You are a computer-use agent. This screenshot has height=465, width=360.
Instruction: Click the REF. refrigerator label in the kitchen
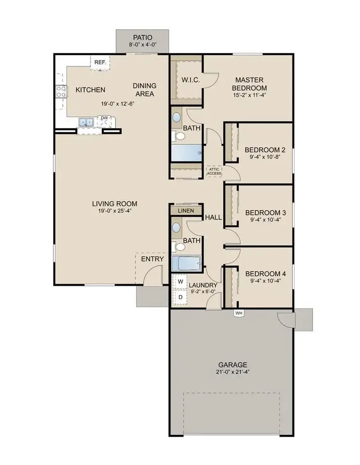coord(100,62)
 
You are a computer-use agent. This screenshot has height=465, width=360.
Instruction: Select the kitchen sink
coord(87,123)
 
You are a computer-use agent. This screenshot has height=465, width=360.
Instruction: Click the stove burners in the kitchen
coord(62,91)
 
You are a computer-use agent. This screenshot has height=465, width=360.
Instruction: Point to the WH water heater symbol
coord(238,313)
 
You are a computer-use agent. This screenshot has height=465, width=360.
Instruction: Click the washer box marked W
coord(180,281)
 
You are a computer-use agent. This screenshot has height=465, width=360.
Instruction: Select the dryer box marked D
coord(180,296)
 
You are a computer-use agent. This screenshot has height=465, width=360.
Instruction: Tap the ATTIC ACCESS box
coord(214,171)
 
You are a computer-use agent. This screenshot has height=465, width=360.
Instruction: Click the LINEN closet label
coord(186,211)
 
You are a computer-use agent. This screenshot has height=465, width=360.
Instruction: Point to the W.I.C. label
coord(190,80)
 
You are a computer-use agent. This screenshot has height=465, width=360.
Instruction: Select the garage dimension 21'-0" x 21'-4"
coord(232,372)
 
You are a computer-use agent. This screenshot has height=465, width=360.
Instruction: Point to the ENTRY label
coord(153,259)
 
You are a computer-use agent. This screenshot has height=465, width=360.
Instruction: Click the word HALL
coord(213,217)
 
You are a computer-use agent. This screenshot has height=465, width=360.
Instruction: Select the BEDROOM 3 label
coord(265,212)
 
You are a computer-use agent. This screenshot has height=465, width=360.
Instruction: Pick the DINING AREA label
coord(144,90)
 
